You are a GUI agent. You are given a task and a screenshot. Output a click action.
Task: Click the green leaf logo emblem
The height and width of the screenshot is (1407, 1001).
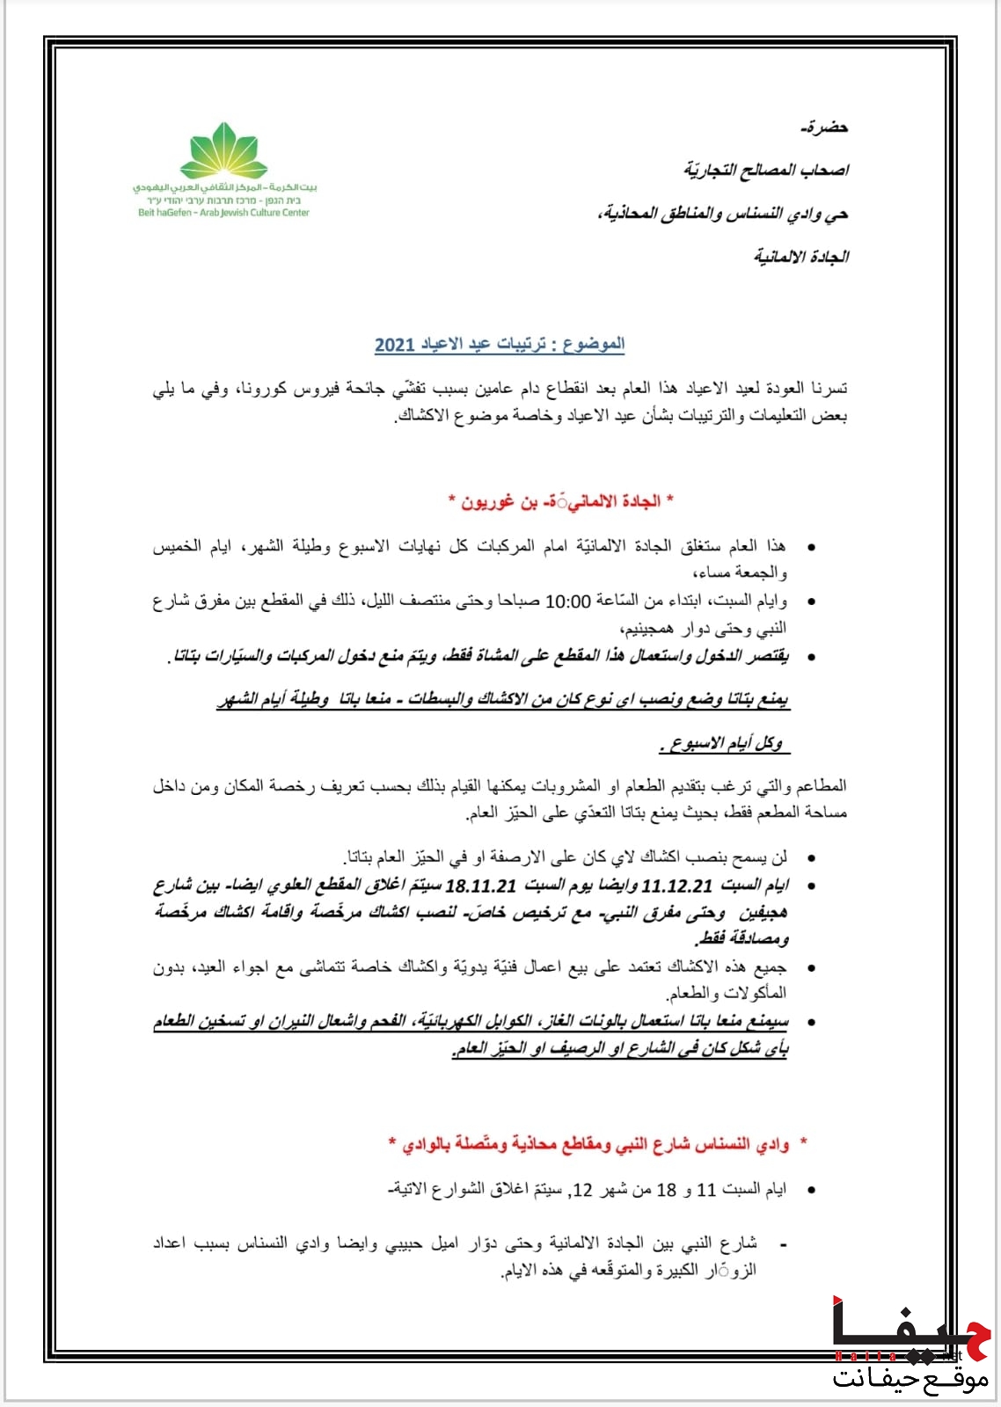223,151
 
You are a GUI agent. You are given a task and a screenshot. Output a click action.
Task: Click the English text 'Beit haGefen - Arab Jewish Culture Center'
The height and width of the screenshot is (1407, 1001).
223,213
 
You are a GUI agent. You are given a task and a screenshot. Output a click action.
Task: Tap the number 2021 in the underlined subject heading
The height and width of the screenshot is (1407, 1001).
394,344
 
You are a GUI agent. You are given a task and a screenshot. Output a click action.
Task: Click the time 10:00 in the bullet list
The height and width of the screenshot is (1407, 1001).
568,601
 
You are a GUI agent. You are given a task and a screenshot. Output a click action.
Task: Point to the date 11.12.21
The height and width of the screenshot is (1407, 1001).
677,886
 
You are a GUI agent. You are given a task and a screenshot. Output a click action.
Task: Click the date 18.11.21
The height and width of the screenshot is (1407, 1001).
481,886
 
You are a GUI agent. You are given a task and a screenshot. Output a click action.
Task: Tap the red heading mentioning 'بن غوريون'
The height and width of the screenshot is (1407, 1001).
560,501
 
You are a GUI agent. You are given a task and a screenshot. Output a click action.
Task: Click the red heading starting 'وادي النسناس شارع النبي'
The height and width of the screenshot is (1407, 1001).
598,1144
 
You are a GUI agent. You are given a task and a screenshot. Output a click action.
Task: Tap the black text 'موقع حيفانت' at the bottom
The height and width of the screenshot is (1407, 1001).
910,1377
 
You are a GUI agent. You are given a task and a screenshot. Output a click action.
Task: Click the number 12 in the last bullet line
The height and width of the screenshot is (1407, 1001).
583,1190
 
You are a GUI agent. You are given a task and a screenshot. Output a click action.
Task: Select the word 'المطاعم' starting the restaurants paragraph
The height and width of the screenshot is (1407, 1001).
820,785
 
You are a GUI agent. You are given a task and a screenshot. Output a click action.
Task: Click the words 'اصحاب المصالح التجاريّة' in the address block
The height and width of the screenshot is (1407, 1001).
766,170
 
